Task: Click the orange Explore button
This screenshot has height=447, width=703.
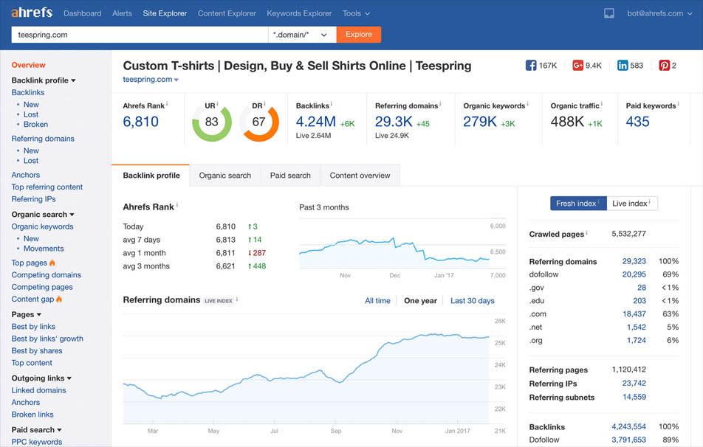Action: tap(359, 35)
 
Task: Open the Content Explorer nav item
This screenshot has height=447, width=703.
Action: tap(227, 13)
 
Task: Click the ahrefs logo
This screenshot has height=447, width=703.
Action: tap(32, 13)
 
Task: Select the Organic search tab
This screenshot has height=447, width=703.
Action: tap(225, 176)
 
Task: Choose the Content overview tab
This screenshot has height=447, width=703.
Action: tap(360, 176)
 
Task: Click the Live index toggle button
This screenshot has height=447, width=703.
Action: tap(631, 204)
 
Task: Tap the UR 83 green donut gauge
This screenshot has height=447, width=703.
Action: tap(211, 122)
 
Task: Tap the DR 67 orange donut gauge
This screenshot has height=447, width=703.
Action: tap(258, 122)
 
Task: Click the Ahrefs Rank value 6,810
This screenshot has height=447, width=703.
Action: tap(141, 122)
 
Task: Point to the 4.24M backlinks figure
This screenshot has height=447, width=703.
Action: tap(315, 122)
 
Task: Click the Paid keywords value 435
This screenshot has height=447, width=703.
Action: tap(637, 122)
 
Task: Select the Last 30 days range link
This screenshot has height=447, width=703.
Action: tap(472, 301)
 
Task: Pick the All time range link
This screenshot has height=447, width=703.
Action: tap(377, 301)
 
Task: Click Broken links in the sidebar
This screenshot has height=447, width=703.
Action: tap(32, 415)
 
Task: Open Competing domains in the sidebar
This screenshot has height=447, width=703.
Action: tap(46, 275)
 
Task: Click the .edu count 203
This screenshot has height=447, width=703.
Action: tap(639, 301)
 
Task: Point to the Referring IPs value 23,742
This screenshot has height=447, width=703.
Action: tap(634, 384)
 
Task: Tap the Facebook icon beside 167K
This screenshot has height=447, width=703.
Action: tap(530, 66)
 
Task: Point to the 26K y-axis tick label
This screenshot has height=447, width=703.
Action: tap(499, 322)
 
